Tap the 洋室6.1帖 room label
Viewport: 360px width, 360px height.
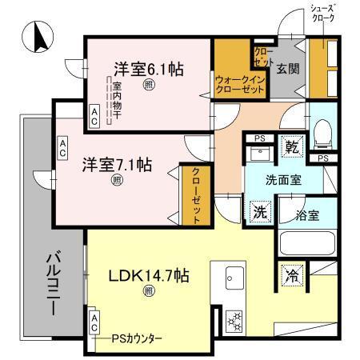(148, 70)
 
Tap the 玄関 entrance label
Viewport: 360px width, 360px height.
(288, 69)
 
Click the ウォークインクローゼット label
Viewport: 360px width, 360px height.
(239, 84)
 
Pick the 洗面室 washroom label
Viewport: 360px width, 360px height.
(283, 180)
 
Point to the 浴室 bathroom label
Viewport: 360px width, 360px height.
(307, 214)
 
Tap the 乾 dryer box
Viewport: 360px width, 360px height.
(293, 147)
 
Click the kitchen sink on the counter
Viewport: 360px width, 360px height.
(234, 279)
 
